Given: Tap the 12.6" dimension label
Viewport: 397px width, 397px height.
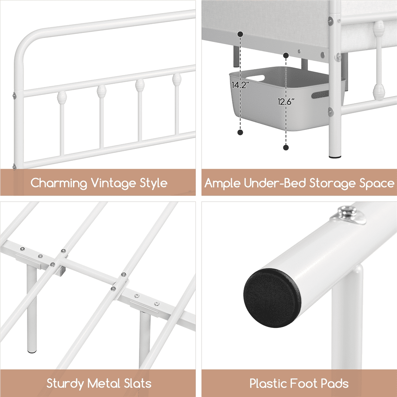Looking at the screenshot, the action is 286,102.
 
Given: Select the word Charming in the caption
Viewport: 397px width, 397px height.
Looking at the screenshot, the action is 59,183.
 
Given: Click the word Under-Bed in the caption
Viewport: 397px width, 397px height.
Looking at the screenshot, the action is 275,183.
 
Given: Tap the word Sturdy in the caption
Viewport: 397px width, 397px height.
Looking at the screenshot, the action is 65,384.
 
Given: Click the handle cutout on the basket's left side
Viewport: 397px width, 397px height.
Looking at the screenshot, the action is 255,78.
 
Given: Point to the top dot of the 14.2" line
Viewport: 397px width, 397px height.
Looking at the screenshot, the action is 240,34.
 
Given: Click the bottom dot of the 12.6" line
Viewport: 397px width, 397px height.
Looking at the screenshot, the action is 286,147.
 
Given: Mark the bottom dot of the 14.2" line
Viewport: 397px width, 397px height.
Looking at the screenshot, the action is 240,132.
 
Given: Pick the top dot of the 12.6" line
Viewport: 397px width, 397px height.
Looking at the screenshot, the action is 286,55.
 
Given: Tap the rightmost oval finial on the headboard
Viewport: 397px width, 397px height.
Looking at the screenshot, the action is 177,79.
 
